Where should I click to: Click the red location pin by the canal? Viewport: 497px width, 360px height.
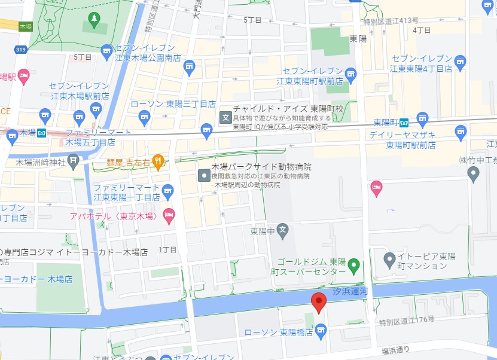[x=319, y=302]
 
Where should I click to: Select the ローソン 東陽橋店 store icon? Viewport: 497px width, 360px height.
[x=321, y=330]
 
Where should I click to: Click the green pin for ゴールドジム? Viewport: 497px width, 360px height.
[x=353, y=264]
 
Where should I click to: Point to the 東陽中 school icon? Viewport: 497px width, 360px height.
[x=283, y=230]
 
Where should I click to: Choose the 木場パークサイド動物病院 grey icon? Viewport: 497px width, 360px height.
[x=204, y=175]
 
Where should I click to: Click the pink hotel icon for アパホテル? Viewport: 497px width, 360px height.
[x=169, y=214]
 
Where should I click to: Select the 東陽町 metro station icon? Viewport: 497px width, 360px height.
[x=404, y=123]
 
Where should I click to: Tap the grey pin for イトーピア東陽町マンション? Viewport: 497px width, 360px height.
[x=389, y=260]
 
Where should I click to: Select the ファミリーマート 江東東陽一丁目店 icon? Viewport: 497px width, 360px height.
[x=168, y=191]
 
